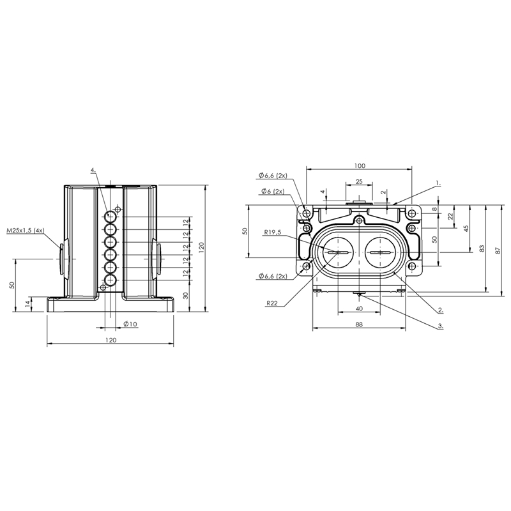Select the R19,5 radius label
point(273,233)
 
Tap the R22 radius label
point(272,303)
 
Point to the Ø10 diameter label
point(131,324)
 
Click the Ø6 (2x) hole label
point(273,191)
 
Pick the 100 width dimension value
point(359,165)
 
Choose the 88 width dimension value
point(359,324)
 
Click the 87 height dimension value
point(498,250)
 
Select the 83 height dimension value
point(482,248)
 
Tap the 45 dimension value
point(466,229)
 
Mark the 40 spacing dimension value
point(359,309)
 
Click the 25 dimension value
point(359,181)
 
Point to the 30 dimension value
point(186,296)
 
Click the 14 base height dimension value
point(28,304)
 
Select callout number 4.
point(93,170)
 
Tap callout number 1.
point(438,184)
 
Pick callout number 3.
point(440,326)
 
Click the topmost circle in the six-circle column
point(111,217)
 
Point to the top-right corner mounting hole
point(412,214)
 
